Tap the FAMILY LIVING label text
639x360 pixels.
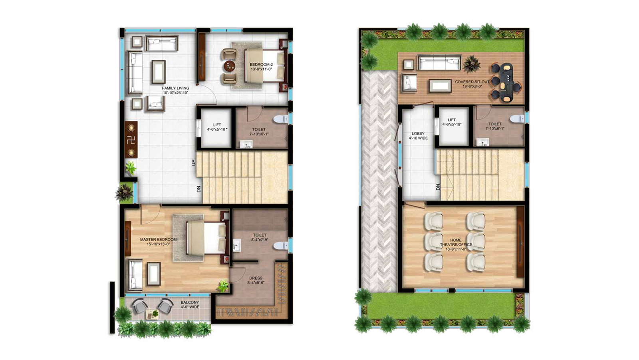pos(175,88)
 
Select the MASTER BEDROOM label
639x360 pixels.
pos(158,239)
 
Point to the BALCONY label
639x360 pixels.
pos(190,302)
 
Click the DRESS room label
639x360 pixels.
pos(256,278)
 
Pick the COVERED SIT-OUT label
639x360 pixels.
pos(472,82)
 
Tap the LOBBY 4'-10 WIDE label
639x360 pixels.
pos(418,136)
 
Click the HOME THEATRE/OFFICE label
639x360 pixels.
pos(456,243)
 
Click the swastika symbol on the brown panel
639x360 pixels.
pos(131,140)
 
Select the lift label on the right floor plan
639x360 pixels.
pos(452,122)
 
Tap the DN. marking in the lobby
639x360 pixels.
pos(438,187)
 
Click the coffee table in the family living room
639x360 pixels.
pos(158,72)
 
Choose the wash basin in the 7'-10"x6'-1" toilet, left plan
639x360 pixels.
pos(245,145)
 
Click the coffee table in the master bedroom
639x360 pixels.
pos(153,274)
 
